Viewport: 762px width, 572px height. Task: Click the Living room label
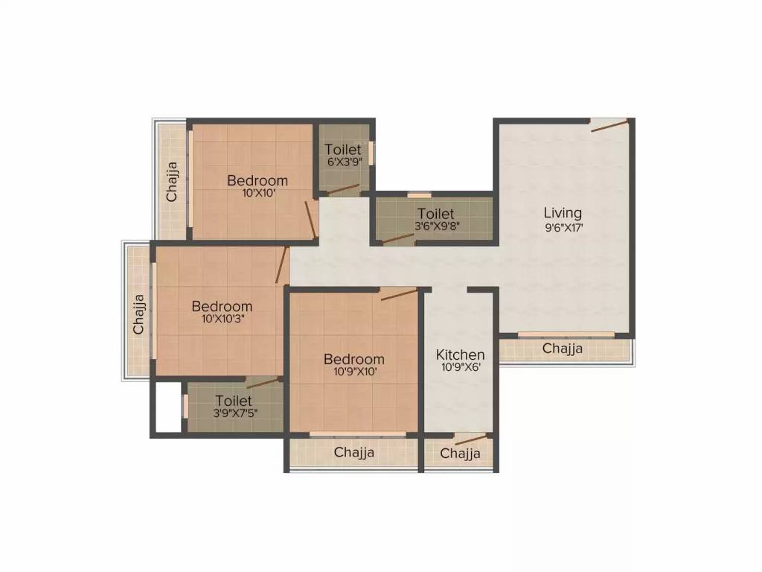tap(562, 213)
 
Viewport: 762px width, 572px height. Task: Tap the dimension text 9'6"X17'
tap(562, 229)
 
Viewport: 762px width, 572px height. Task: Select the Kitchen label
tap(460, 355)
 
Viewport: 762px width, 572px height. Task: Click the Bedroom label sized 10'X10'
tap(257, 180)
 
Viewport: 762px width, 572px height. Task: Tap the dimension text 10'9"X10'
tap(353, 372)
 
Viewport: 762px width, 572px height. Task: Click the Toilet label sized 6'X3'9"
tap(342, 150)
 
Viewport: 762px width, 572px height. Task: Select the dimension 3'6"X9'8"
tap(436, 226)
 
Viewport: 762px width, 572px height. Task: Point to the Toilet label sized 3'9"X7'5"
tap(234, 401)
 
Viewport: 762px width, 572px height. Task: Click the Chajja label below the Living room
tap(562, 349)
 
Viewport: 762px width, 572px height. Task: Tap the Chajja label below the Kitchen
tap(460, 454)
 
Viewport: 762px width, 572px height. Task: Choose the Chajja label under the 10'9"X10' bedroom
tap(353, 452)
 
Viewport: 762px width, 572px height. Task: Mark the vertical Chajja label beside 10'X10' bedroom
tap(172, 182)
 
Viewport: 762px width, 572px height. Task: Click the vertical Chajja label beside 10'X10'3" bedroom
tap(138, 314)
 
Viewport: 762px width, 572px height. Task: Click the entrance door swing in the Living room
tap(609, 125)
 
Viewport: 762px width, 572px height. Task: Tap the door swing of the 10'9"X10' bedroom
tap(399, 294)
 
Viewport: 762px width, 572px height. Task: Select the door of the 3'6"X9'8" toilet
tap(397, 238)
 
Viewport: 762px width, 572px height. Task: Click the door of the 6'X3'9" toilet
tap(344, 189)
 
